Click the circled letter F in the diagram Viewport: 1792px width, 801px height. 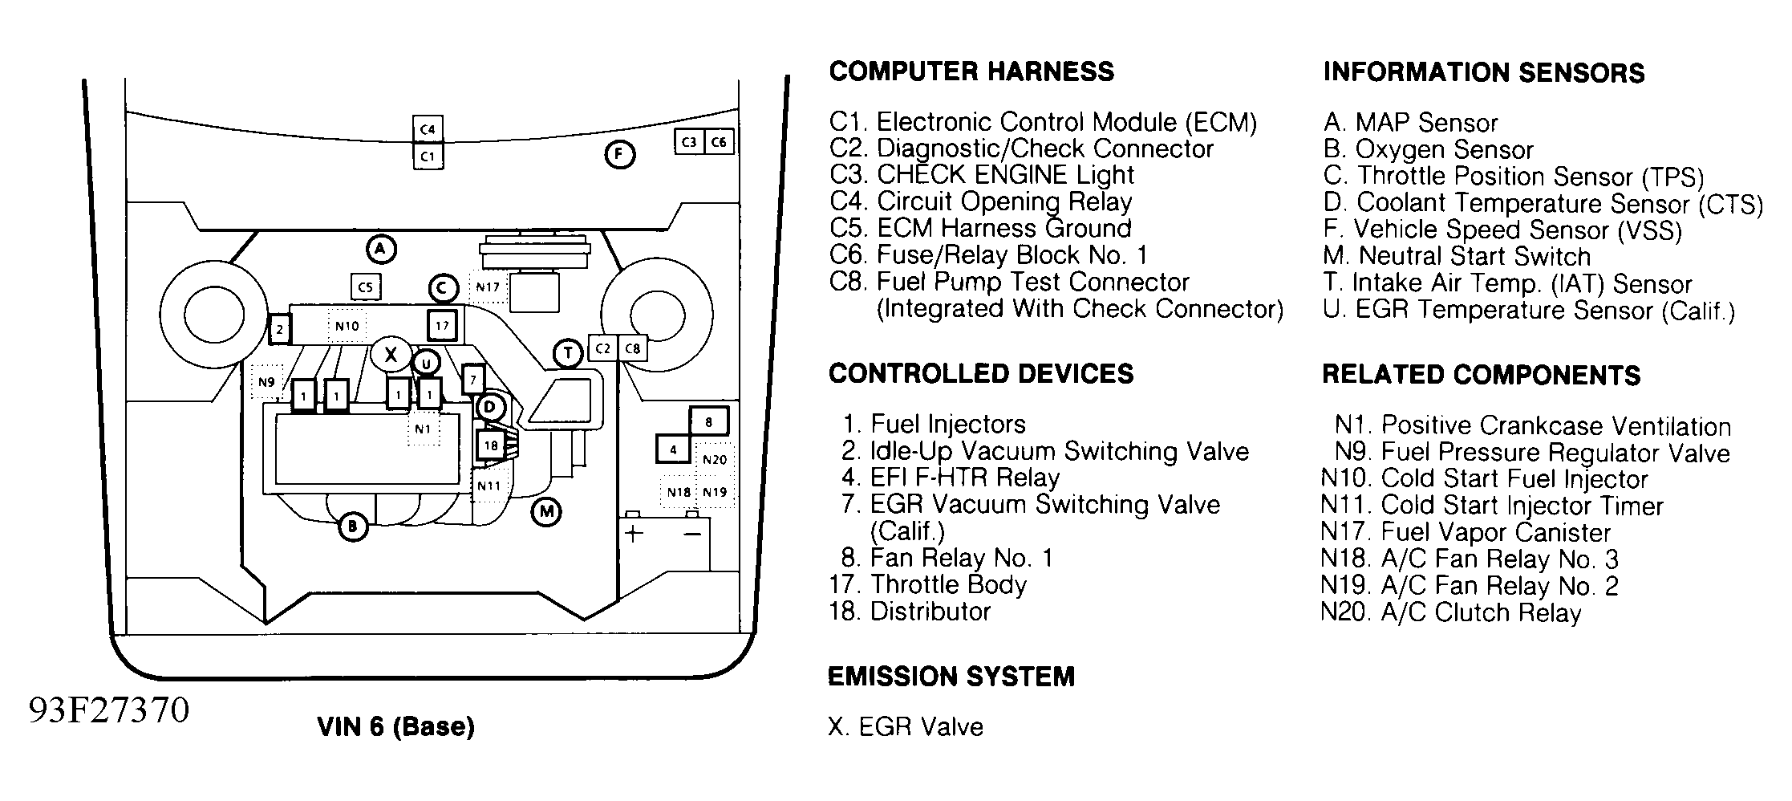pos(618,154)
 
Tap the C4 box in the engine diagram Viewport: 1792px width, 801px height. pos(428,129)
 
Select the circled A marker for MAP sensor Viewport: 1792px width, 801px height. pos(381,249)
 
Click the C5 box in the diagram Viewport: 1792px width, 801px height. pos(365,287)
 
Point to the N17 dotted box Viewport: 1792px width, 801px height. pos(488,287)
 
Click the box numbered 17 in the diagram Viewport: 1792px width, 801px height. pos(442,326)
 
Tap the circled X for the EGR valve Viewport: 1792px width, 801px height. pos(391,354)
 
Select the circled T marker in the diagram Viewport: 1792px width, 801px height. pos(568,352)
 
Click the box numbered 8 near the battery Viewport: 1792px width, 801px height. pos(708,421)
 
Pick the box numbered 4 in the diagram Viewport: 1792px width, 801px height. pos(673,449)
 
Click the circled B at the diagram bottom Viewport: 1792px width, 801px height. pos(352,527)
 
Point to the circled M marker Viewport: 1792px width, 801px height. pos(546,511)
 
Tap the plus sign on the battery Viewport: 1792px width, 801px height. pos(634,534)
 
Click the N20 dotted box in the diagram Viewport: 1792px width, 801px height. pos(714,459)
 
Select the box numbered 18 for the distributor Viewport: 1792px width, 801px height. pos(490,445)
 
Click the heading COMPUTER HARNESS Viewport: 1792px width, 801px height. pos(971,71)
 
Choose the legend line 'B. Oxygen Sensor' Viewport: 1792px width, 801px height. pos(1428,149)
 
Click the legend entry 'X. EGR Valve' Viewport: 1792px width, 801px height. pos(905,726)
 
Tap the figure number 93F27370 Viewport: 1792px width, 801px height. pos(109,710)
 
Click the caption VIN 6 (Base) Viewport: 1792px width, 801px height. pos(396,726)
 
